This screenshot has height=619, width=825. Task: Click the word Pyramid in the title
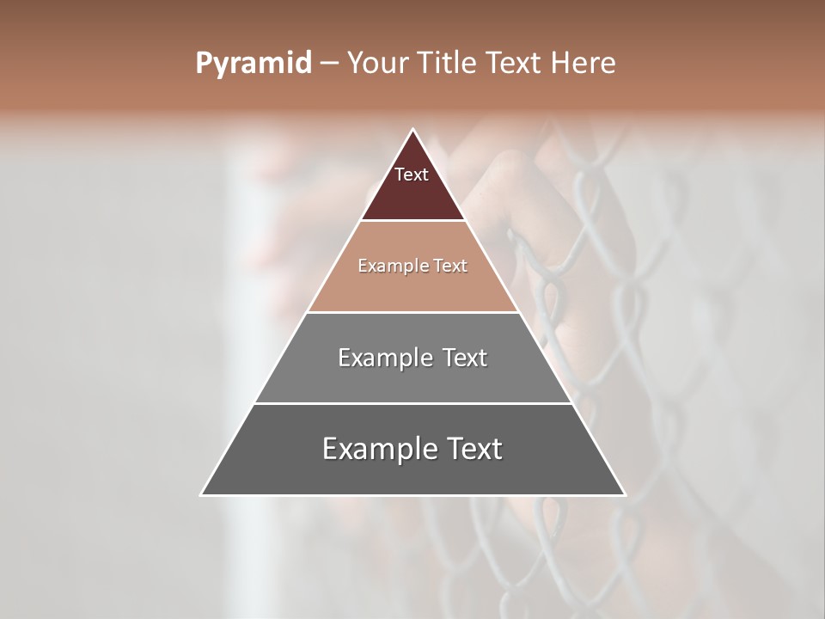click(254, 64)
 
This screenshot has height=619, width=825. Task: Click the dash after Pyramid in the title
click(329, 64)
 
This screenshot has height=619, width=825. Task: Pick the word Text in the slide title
click(514, 64)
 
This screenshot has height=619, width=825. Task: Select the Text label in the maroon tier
click(412, 175)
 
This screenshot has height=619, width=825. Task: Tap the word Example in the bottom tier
click(370, 449)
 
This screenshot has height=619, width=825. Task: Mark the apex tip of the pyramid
click(413, 130)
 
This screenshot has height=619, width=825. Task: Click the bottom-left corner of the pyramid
click(202, 494)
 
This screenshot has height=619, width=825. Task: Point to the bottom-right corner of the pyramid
click(624, 494)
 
